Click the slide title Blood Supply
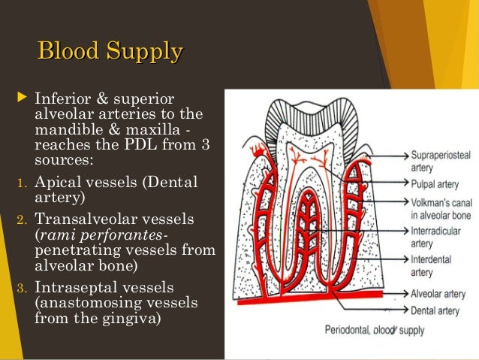pos(110,53)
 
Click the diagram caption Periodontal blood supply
pos(375,330)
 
